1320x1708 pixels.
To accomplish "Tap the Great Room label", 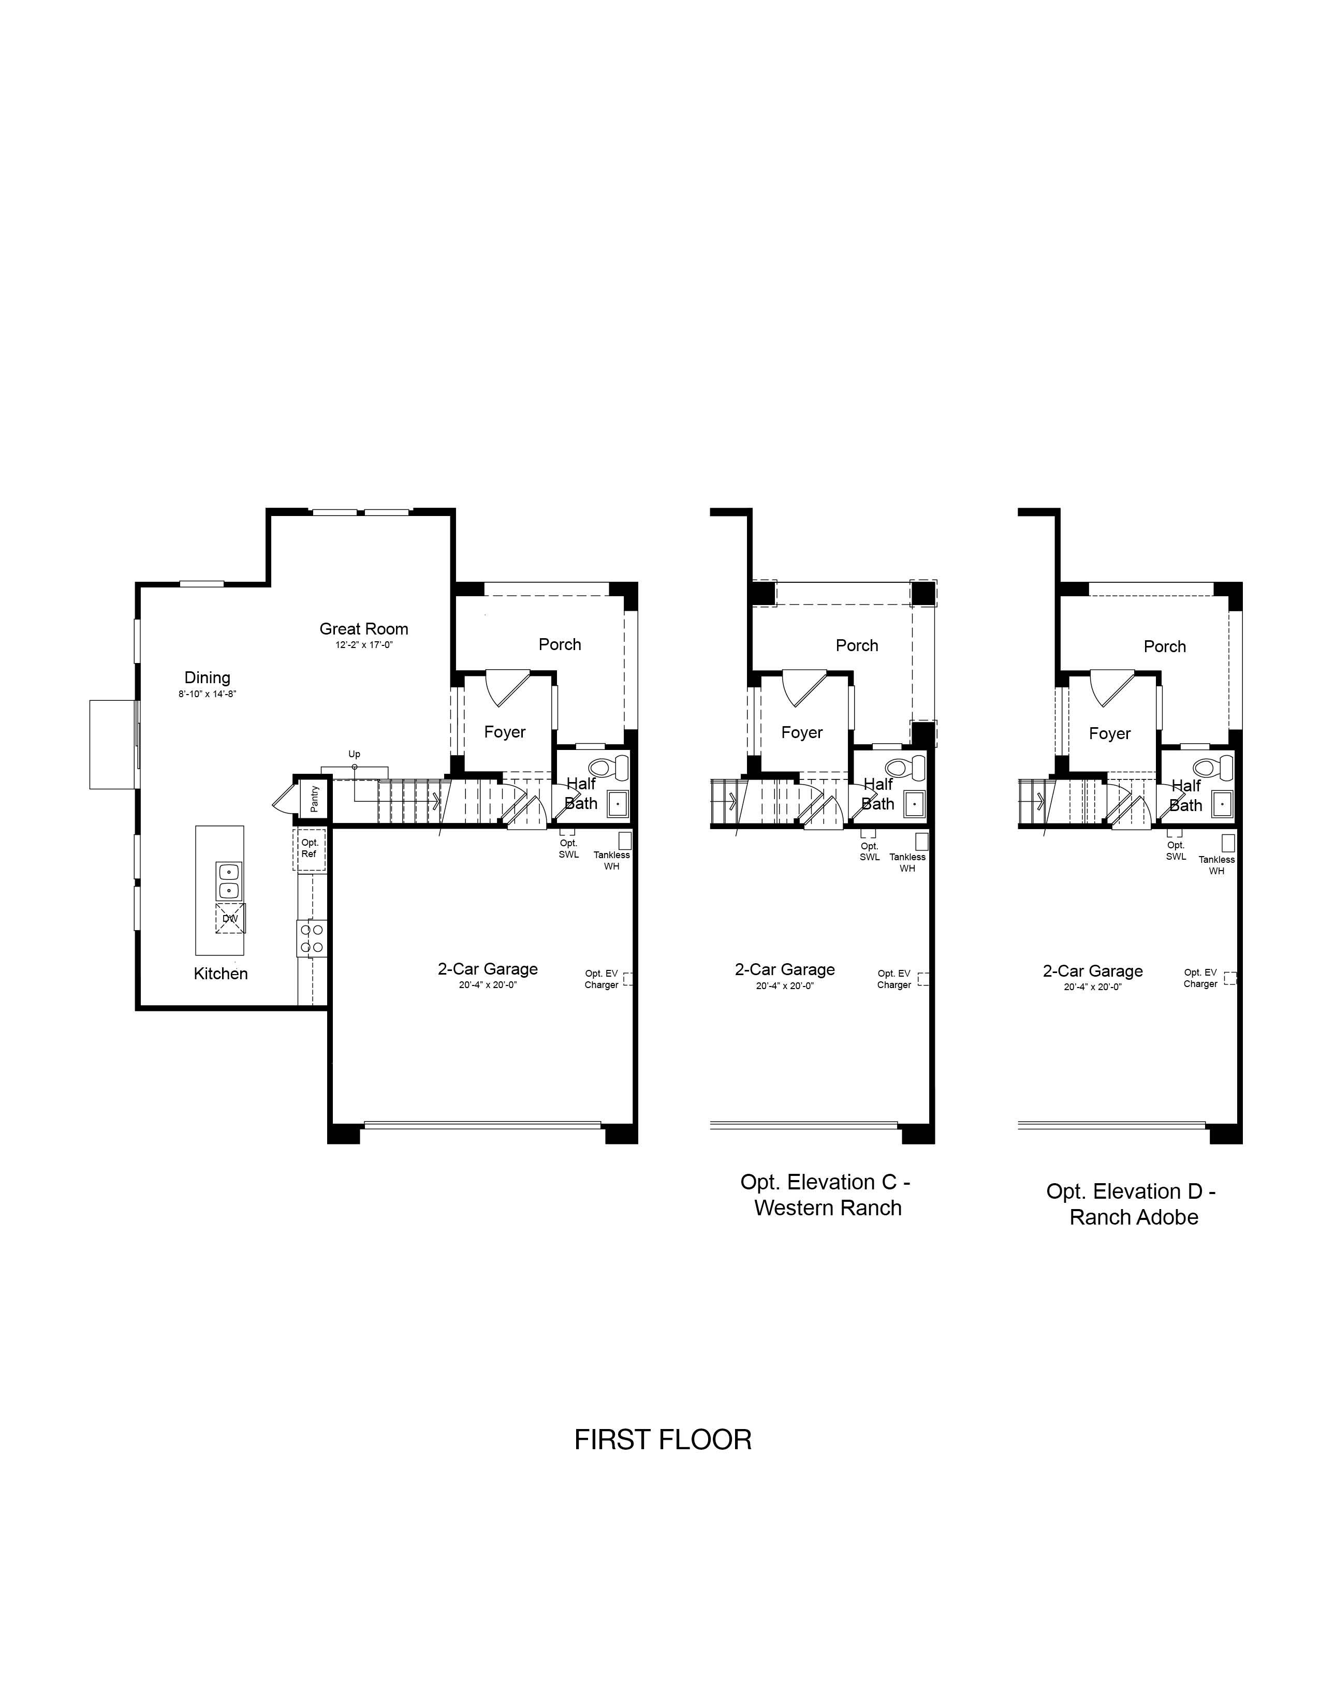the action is point(363,629).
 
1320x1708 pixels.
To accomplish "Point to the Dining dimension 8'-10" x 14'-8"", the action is point(207,694).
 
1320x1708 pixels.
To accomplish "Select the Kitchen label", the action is point(221,974).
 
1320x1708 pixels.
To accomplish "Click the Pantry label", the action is point(314,799).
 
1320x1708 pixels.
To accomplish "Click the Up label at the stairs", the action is point(354,755).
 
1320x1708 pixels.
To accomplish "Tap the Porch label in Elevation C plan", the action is point(857,645).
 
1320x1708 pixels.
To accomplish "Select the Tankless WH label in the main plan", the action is point(611,860).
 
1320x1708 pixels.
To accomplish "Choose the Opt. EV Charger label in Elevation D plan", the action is point(1200,978).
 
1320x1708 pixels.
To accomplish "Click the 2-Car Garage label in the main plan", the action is point(488,969).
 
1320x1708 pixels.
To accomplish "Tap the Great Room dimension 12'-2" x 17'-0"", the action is point(363,645).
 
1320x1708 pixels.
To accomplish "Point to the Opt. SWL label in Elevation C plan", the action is point(870,851).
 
